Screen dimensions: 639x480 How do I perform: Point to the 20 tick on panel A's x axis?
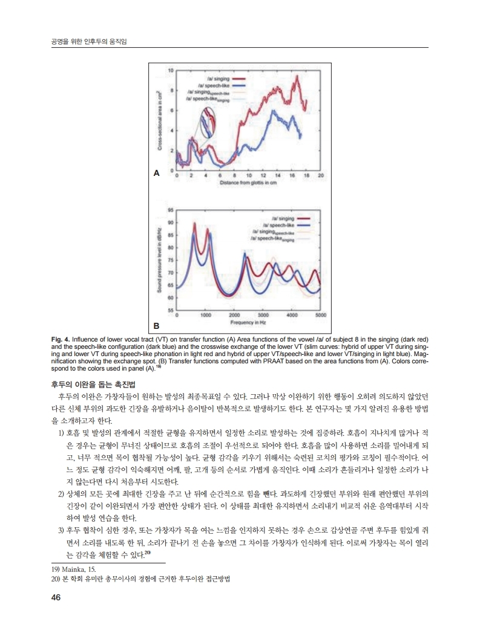click(x=321, y=175)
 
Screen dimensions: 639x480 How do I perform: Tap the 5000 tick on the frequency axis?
click(x=321, y=315)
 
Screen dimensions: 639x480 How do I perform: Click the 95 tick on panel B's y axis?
click(x=169, y=210)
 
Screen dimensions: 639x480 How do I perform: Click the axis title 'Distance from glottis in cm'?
click(x=248, y=182)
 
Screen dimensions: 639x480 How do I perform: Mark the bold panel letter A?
click(x=156, y=173)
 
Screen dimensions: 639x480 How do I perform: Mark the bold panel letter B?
click(x=156, y=325)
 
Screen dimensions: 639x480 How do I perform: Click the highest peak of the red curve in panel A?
click(x=297, y=76)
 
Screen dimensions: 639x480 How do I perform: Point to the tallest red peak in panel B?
click(x=194, y=223)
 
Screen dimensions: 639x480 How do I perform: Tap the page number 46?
click(x=56, y=598)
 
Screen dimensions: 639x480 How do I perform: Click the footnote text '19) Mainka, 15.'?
click(x=73, y=569)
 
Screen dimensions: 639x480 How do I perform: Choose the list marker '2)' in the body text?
click(x=61, y=494)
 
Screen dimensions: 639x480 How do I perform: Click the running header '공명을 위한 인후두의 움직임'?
click(x=91, y=41)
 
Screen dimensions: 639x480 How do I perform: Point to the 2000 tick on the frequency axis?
click(x=234, y=315)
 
